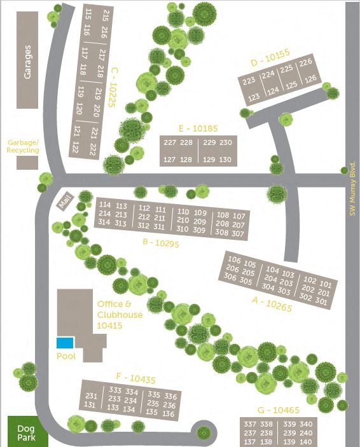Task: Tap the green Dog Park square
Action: click(x=27, y=432)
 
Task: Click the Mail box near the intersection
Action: click(x=64, y=202)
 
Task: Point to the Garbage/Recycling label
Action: click(x=23, y=146)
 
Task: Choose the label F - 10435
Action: click(x=135, y=380)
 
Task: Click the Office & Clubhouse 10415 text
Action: click(x=120, y=315)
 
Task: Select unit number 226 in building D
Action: click(x=307, y=62)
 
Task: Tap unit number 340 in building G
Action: click(x=307, y=424)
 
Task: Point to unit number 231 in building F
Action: click(x=91, y=395)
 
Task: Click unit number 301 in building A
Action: click(x=322, y=303)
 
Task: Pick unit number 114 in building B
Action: click(x=105, y=205)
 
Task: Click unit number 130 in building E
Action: click(x=225, y=160)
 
